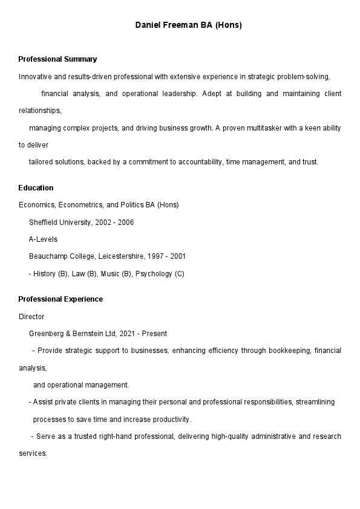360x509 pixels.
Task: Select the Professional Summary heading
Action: (57, 59)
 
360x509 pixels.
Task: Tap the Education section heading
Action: (36, 188)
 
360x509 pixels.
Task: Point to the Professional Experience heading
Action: (61, 299)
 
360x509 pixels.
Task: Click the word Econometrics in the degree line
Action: (80, 205)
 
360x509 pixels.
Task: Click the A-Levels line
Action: (43, 239)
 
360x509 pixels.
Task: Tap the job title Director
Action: (31, 317)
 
